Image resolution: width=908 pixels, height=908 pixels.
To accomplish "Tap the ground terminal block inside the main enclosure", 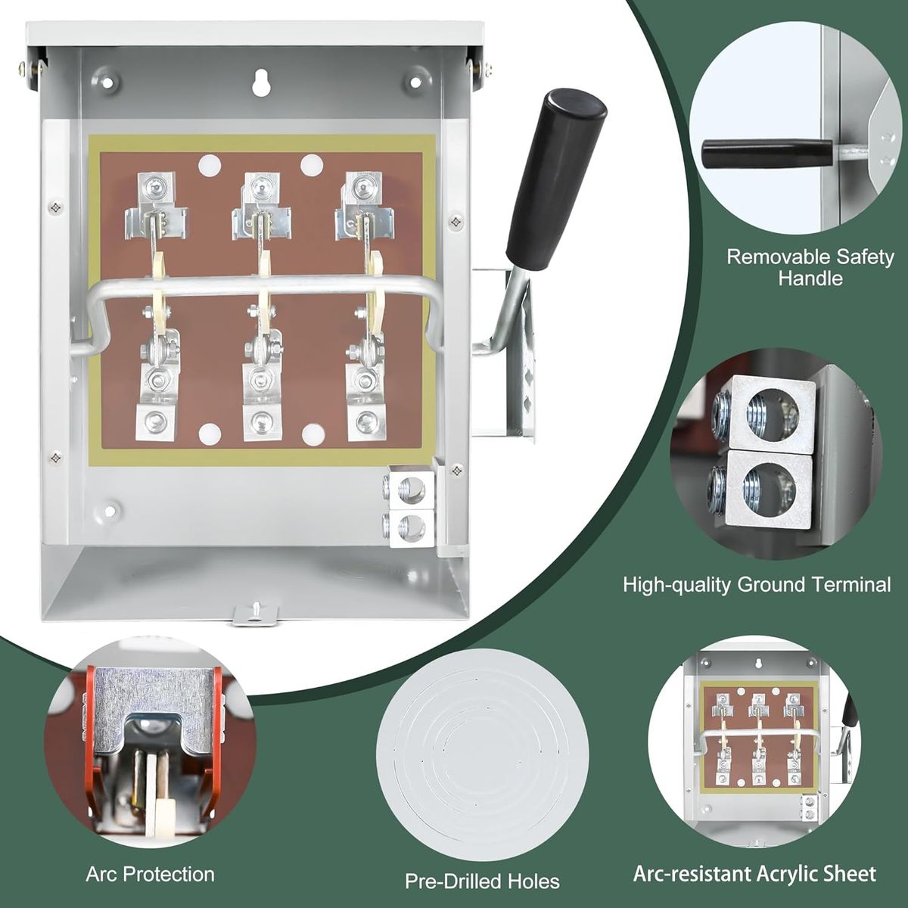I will coord(409,507).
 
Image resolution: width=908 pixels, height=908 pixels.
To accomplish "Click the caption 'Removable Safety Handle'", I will coord(810,267).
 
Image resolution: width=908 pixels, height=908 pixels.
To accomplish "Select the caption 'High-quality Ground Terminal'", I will coord(757,584).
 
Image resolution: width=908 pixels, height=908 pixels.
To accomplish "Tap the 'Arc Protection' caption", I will coord(150,875).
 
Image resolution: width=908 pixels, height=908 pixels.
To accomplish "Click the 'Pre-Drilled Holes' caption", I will coord(482,882).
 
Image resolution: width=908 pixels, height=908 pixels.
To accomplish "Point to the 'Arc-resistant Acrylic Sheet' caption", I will coord(754,874).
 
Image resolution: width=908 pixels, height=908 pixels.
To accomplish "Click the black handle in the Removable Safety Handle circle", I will coord(746,154).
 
